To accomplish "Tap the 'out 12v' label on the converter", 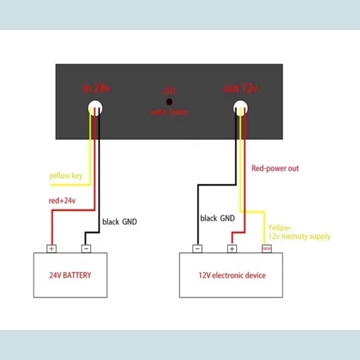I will pos(240,89).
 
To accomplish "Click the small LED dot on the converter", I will pos(169,102).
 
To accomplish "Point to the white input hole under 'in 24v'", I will pos(95,107).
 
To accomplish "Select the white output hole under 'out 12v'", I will pos(240,107).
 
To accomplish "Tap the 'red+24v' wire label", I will pos(62,201).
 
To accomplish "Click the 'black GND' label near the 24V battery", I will pos(120,222).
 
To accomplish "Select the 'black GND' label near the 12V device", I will pos(218,218).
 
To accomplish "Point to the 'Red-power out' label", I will pos(275,168).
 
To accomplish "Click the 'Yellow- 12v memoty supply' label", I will pos(299,232).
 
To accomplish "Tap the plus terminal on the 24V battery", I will pos(51,248).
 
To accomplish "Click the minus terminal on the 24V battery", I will pos(86,248).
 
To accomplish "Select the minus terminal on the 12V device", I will pos(197,248).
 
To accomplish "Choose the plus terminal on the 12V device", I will pos(232,248).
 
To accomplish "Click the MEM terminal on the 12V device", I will pos(266,248).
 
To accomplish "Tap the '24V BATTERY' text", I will pos(70,275).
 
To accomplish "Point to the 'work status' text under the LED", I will pos(169,112).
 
